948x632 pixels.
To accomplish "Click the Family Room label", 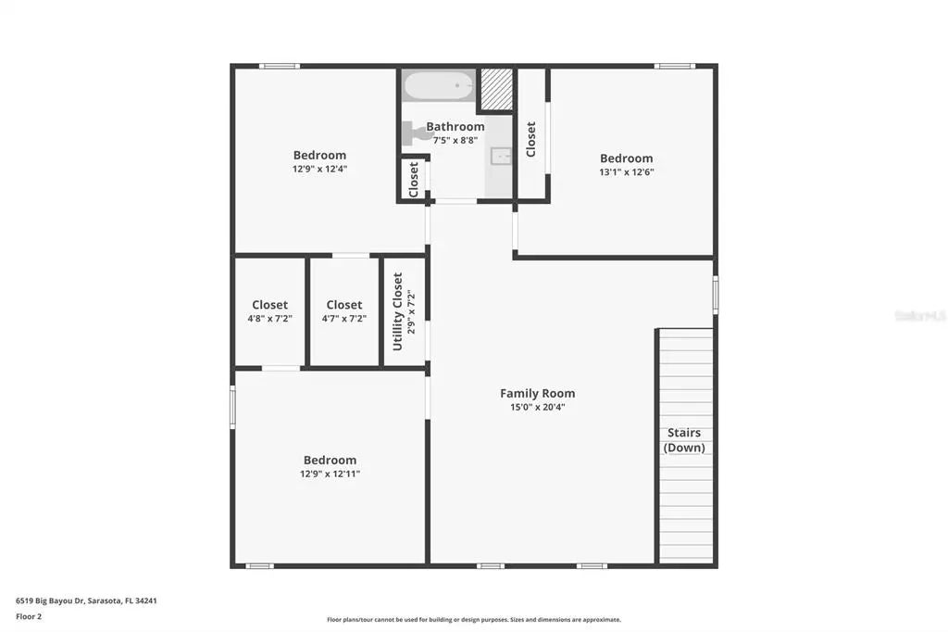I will [537, 393].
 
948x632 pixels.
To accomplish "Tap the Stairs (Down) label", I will [684, 440].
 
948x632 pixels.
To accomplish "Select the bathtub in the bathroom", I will [439, 86].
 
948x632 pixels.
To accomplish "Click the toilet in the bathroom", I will [416, 133].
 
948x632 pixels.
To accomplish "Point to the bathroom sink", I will [501, 156].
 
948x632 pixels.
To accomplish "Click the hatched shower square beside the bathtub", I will [496, 88].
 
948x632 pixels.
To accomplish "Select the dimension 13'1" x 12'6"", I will [627, 171].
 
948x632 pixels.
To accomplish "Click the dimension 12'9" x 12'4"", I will [319, 169].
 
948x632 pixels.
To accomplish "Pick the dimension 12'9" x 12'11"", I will [330, 474].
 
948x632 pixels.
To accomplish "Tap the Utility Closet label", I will [398, 310].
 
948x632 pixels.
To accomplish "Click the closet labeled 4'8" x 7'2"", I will [269, 310].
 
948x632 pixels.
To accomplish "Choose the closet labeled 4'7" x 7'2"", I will [343, 310].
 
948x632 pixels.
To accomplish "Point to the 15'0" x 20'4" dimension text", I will [537, 407].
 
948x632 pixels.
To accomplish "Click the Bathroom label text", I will [455, 126].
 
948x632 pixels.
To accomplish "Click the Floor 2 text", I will [30, 615].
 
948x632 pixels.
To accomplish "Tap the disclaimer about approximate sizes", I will [473, 620].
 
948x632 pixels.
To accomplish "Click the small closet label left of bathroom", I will [414, 179].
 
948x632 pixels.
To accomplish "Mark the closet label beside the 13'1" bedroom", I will [530, 139].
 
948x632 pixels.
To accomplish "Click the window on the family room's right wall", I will [715, 295].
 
